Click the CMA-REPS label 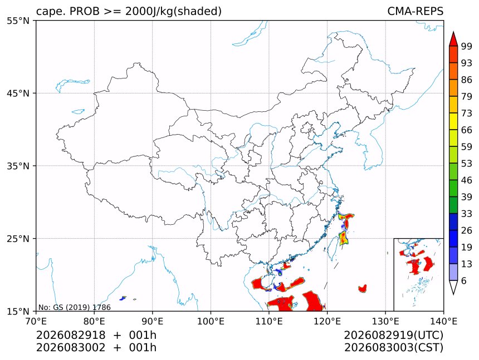(x=415, y=11)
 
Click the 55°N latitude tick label (x=18, y=21)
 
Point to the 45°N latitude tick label (x=18, y=93)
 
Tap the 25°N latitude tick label (x=18, y=239)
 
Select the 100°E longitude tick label (x=211, y=321)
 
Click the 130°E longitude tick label (x=385, y=321)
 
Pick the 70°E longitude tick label (x=36, y=321)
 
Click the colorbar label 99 (x=467, y=46)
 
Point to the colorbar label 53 (x=467, y=164)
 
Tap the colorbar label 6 (x=464, y=280)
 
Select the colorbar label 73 (x=467, y=113)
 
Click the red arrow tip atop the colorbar (x=453, y=32)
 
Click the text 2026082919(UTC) (x=393, y=336)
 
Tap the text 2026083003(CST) (x=393, y=348)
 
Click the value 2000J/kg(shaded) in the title (x=174, y=11)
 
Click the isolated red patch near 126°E (x=363, y=288)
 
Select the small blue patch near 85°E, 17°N (x=123, y=298)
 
